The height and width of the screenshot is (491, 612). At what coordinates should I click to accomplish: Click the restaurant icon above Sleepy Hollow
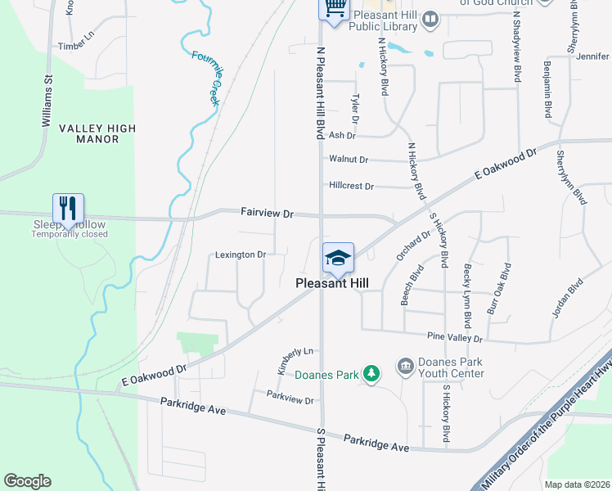pyautogui.click(x=69, y=206)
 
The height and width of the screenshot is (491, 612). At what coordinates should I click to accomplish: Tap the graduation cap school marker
pyautogui.click(x=338, y=257)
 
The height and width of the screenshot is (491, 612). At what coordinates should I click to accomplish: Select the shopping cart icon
pyautogui.click(x=334, y=8)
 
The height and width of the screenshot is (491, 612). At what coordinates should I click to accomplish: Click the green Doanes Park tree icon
pyautogui.click(x=371, y=374)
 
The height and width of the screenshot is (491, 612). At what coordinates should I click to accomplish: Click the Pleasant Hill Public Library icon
pyautogui.click(x=430, y=18)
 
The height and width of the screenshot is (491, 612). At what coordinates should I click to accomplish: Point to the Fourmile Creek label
pyautogui.click(x=207, y=79)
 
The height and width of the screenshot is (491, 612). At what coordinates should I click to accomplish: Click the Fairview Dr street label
pyautogui.click(x=267, y=212)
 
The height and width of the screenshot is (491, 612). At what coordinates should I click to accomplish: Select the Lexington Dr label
pyautogui.click(x=241, y=255)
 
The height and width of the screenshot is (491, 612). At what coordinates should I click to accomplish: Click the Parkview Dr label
pyautogui.click(x=290, y=400)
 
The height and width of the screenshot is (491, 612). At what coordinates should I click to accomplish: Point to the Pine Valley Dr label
pyautogui.click(x=455, y=337)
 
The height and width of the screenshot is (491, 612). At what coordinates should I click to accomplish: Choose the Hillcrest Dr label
pyautogui.click(x=351, y=186)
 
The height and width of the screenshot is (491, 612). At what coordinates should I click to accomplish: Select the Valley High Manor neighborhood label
pyautogui.click(x=97, y=134)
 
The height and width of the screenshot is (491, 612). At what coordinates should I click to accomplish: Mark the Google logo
pyautogui.click(x=27, y=481)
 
